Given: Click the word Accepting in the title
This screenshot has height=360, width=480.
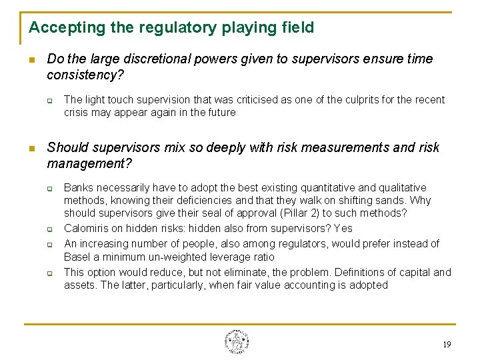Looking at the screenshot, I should pos(57,28).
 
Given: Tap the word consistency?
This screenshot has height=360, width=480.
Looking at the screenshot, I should pos(85,75).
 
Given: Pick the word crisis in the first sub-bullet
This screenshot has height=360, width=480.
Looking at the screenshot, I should pos(76,113).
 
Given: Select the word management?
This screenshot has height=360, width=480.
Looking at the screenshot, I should pos(90,163).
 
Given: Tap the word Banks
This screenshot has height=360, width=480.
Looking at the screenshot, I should pos(79,188).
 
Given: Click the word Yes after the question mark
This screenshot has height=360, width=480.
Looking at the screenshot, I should pos(343,229).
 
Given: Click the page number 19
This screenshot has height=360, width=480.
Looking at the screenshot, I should pos(446,345).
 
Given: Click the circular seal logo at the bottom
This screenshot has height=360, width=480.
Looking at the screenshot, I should pos(237,341).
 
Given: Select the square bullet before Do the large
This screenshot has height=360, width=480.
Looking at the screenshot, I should pos(31,60).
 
